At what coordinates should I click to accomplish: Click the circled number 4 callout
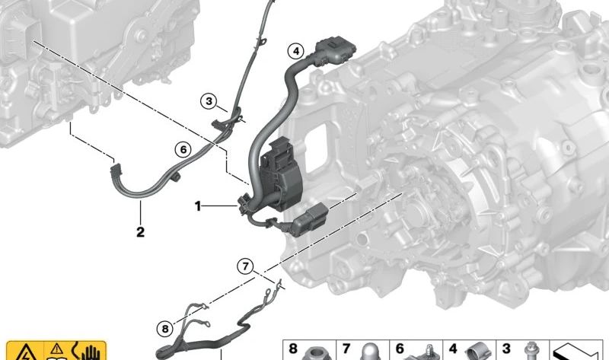tap(296, 51)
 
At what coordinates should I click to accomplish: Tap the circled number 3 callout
tap(209, 101)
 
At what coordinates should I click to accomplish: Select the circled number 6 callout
tap(183, 149)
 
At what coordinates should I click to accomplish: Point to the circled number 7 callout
tap(245, 267)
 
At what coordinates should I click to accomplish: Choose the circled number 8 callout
tap(165, 329)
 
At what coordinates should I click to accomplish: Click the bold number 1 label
tap(198, 206)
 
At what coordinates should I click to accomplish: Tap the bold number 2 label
tap(140, 232)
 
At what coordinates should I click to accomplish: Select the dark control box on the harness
tap(284, 175)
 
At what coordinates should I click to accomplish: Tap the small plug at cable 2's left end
tap(116, 169)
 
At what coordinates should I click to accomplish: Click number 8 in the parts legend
tap(293, 349)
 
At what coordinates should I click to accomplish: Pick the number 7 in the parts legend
tap(346, 349)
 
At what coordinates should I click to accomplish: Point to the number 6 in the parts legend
tap(400, 349)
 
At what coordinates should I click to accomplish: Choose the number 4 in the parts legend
tap(453, 349)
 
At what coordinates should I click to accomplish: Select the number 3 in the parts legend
tap(506, 349)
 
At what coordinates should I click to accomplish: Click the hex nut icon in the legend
tap(317, 352)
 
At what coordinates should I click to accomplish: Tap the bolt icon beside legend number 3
tap(531, 351)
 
